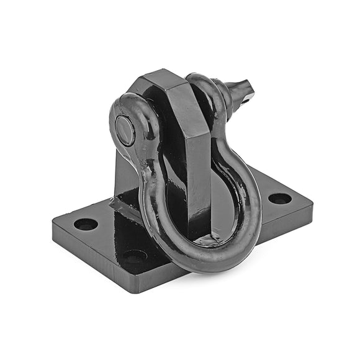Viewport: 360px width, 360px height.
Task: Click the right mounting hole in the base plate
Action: [279, 199]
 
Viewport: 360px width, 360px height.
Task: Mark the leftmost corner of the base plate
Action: [53, 222]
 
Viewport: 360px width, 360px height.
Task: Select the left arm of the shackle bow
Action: [152, 205]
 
